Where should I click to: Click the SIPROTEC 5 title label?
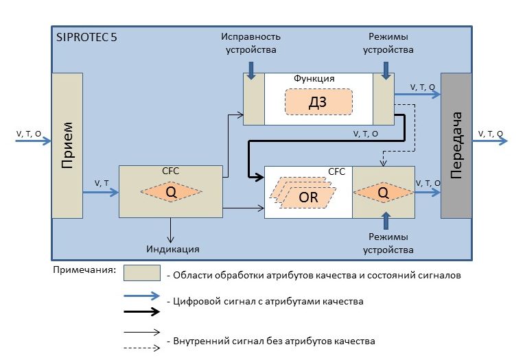[x=86, y=38]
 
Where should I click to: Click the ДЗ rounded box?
[x=318, y=101]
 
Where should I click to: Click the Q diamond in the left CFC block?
[x=171, y=193]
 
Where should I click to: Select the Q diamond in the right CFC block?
[x=383, y=193]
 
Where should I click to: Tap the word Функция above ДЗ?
[x=314, y=79]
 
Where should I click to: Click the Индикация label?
[x=172, y=248]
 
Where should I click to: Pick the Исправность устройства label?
[x=252, y=43]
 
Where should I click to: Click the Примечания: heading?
[x=84, y=269]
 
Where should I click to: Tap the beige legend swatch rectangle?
[x=141, y=273]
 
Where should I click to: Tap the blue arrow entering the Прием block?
[x=34, y=141]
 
